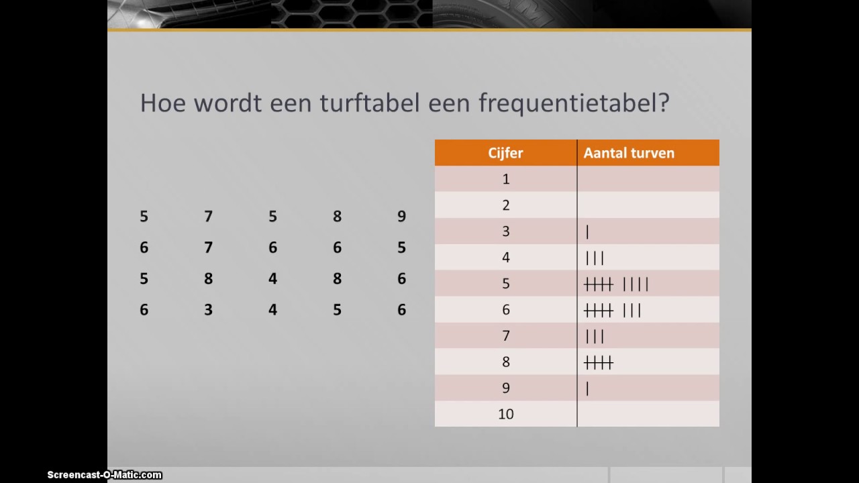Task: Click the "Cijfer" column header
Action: (505, 153)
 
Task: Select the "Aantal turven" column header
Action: (629, 153)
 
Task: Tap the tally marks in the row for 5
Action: (616, 284)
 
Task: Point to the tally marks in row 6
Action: (613, 311)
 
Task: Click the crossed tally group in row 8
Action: (599, 363)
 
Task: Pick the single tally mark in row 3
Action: (587, 232)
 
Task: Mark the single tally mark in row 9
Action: (587, 388)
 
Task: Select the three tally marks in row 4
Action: (595, 258)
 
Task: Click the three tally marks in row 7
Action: (595, 337)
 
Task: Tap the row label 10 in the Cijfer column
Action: (505, 414)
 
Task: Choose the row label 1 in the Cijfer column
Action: (506, 179)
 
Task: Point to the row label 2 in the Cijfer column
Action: (506, 205)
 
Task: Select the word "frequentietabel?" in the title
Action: (574, 103)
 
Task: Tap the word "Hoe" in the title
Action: (161, 103)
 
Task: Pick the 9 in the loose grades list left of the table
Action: (401, 216)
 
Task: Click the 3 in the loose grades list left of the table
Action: (208, 309)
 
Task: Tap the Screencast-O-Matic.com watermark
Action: (104, 475)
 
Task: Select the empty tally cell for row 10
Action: (648, 414)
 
